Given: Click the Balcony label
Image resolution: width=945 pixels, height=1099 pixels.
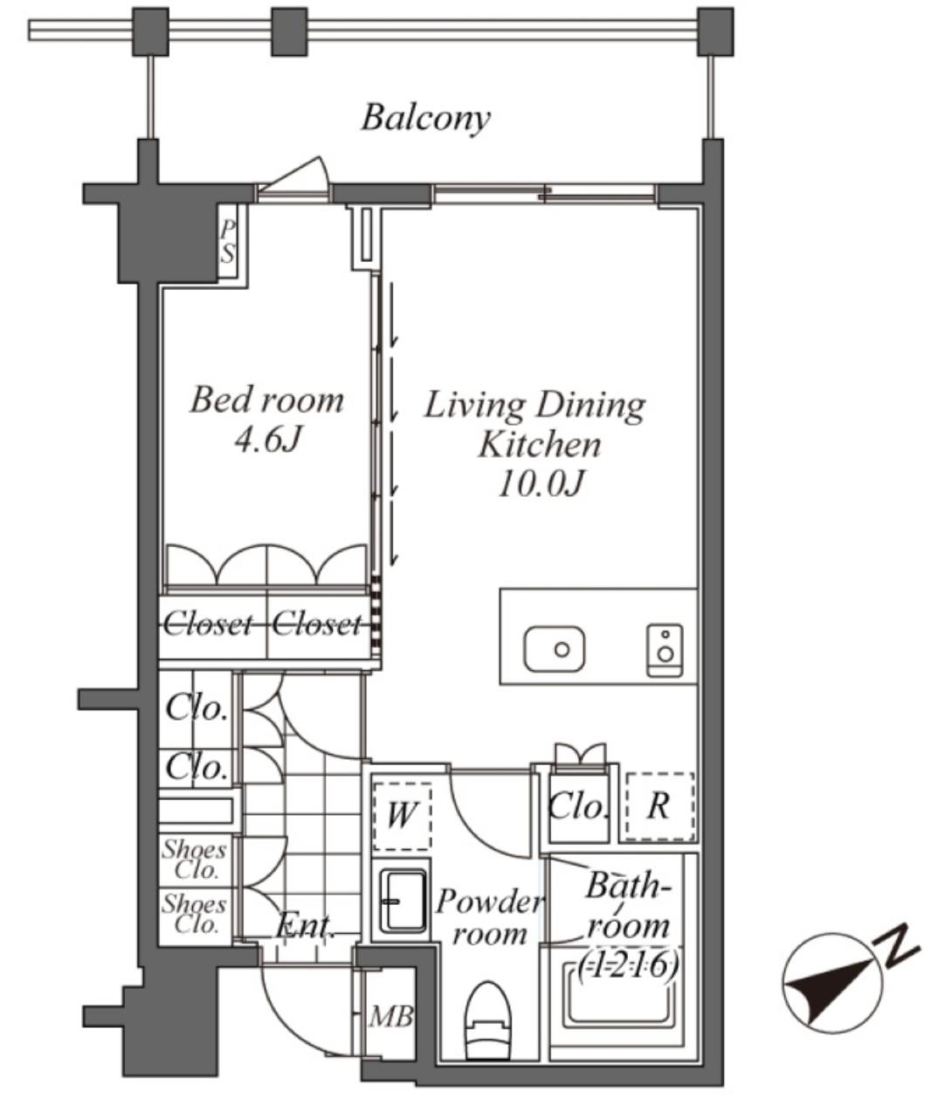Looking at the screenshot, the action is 425,119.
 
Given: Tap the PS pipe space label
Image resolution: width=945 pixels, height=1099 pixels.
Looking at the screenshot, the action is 227,242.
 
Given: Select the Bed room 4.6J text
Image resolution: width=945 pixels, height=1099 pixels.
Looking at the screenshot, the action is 267,420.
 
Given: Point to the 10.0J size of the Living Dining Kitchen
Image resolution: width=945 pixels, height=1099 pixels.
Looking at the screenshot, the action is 541,484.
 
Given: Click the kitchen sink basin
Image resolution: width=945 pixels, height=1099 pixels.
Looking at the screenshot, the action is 555,649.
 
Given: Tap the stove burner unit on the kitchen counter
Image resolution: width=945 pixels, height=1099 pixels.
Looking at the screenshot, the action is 665,650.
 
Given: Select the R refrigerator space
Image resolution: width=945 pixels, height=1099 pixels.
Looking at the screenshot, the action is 659,806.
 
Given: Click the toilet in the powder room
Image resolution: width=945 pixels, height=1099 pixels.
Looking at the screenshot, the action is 488,1013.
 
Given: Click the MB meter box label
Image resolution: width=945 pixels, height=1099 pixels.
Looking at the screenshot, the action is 391,1016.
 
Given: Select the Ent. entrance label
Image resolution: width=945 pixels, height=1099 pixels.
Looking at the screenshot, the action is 305,926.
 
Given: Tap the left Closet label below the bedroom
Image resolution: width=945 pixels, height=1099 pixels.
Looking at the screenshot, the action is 207,624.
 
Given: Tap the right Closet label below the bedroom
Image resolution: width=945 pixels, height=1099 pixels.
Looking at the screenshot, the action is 317,624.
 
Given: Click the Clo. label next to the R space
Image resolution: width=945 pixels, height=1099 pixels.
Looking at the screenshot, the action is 578,807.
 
